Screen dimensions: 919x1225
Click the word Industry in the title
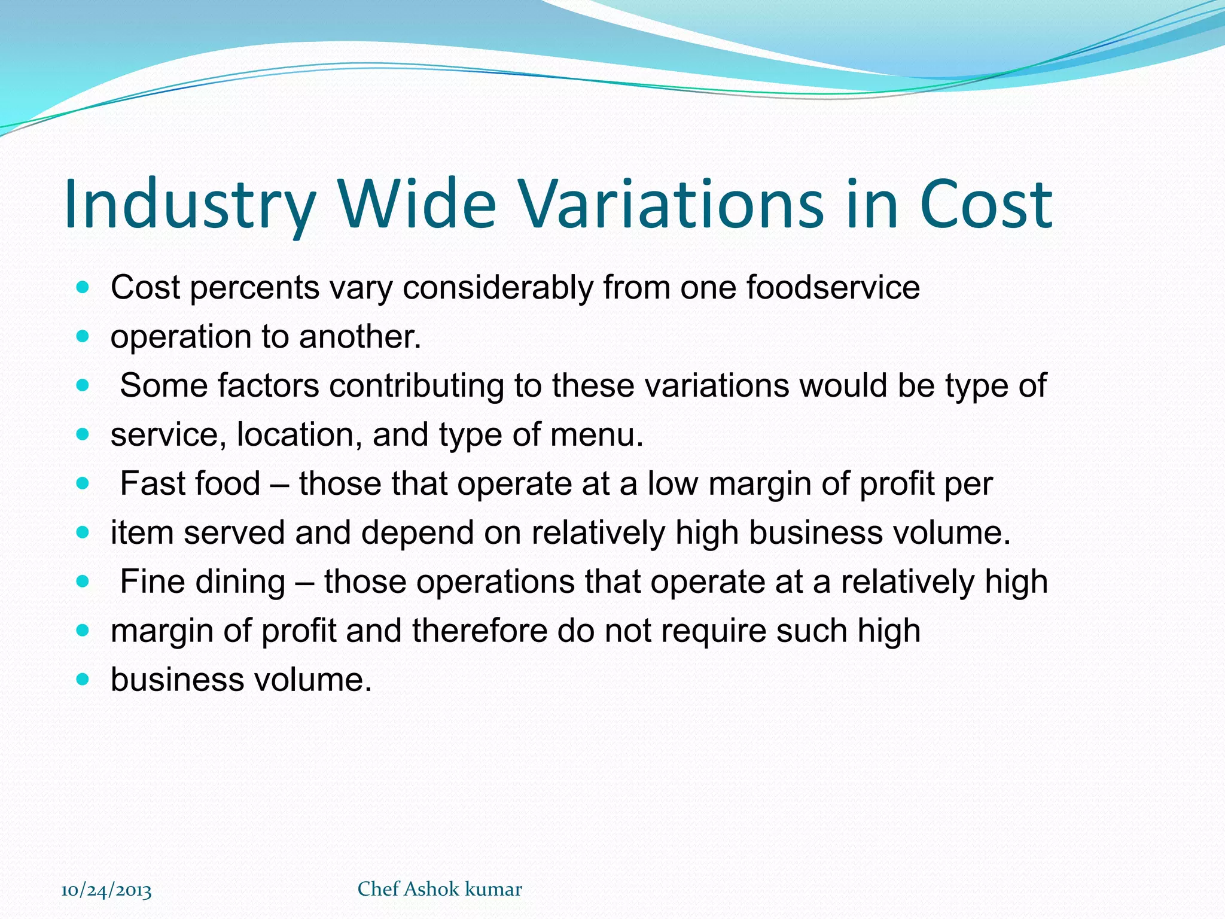pos(189,205)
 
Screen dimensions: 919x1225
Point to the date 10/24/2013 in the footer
pos(106,890)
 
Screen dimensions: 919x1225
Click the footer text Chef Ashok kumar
pos(440,889)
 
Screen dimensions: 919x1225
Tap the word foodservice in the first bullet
pos(833,287)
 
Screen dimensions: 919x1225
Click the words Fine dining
pos(203,582)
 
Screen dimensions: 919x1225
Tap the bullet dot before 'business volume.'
pos(83,680)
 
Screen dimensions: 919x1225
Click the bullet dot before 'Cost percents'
pos(83,287)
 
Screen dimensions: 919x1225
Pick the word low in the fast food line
pos(672,483)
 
